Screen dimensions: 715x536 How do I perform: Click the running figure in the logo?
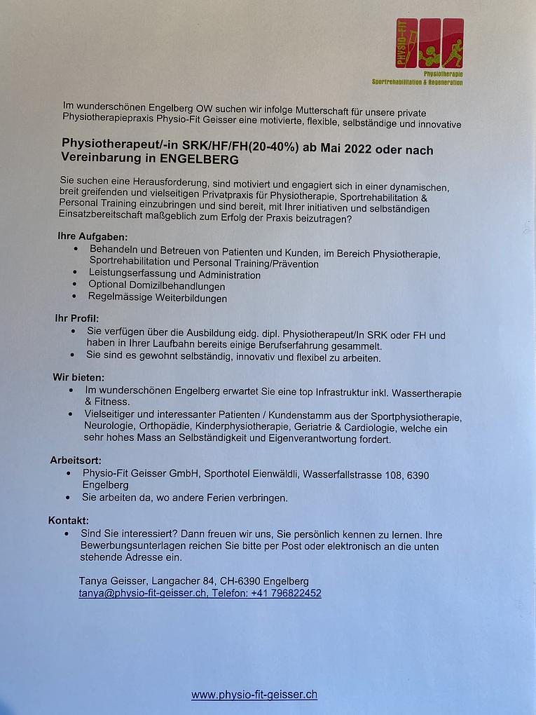click(453, 52)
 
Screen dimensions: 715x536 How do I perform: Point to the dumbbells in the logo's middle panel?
click(429, 54)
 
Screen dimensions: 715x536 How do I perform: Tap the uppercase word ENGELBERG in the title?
click(199, 160)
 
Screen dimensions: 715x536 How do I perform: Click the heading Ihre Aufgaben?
click(92, 237)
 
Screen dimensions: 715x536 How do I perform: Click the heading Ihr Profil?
click(77, 318)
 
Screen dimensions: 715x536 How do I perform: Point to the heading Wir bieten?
click(78, 376)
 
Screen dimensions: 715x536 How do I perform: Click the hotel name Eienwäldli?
click(275, 475)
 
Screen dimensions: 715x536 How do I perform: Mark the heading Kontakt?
click(69, 520)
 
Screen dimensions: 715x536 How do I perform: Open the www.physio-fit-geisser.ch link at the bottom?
click(254, 695)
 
